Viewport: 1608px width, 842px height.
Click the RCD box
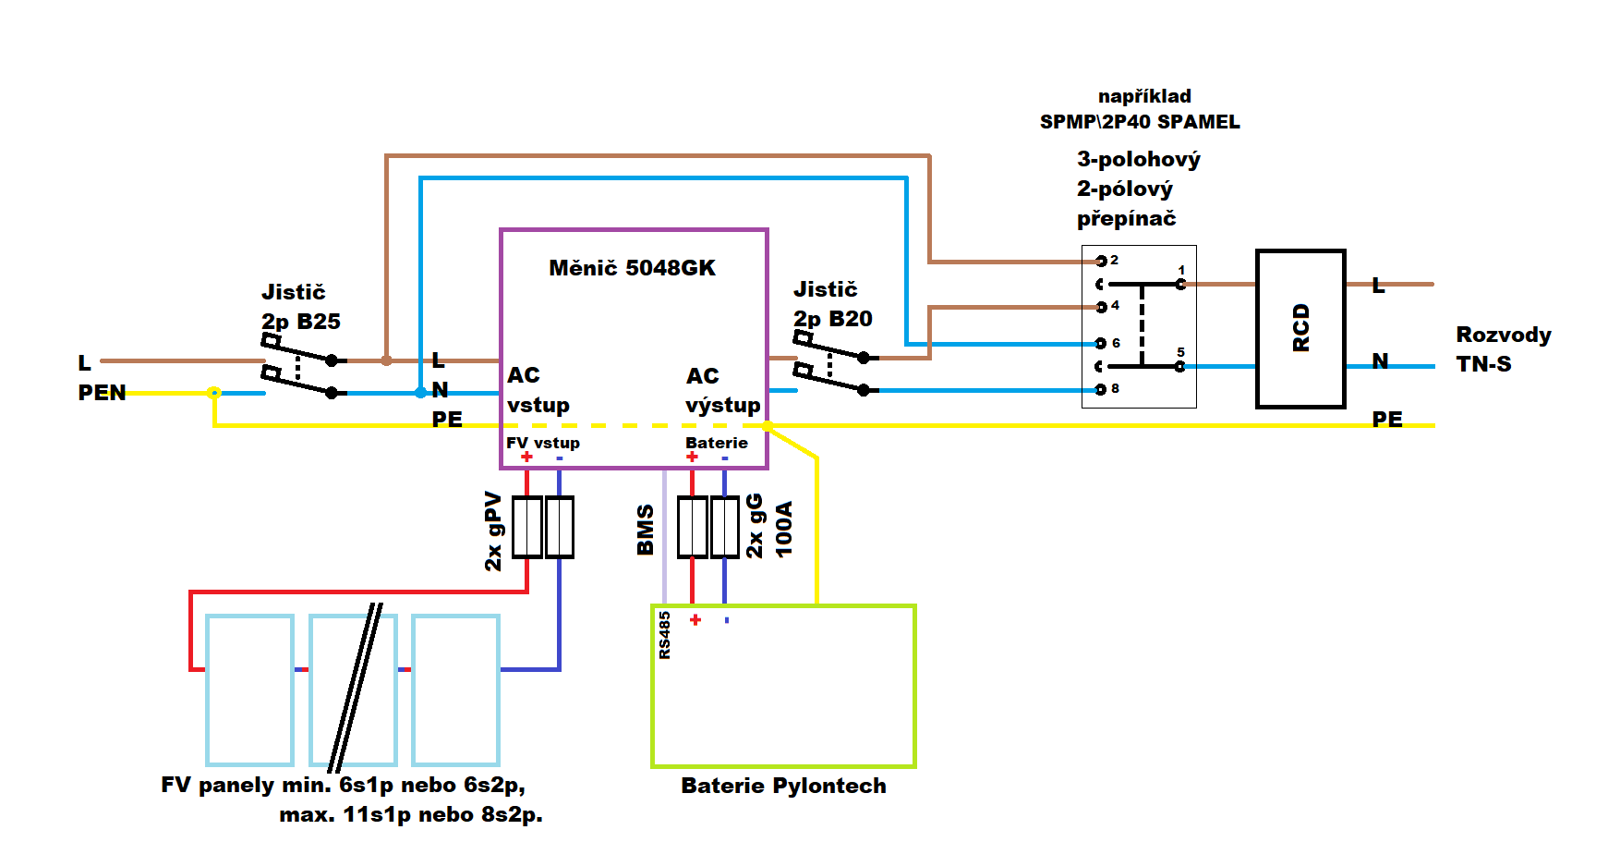click(x=1300, y=328)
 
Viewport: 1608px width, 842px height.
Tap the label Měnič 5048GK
click(x=632, y=268)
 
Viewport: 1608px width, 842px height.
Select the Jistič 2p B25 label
click(x=300, y=307)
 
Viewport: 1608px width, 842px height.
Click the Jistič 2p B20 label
click(x=832, y=304)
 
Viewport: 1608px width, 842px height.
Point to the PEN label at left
click(x=102, y=393)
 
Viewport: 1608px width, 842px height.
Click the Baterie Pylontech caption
click(x=783, y=786)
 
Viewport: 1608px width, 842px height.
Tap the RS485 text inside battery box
click(x=665, y=635)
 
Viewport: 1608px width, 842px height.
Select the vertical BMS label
click(x=646, y=530)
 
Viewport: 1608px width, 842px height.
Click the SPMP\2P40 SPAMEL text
click(x=1140, y=122)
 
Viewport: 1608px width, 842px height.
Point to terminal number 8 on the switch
click(x=1115, y=388)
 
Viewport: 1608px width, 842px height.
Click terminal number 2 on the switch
click(x=1114, y=260)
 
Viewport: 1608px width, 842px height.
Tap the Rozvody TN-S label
click(x=1503, y=349)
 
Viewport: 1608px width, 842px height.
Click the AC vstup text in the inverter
click(x=538, y=390)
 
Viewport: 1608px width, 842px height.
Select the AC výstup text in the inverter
click(x=722, y=390)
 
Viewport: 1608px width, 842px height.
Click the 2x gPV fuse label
click(x=493, y=531)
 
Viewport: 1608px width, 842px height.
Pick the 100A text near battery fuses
click(x=784, y=529)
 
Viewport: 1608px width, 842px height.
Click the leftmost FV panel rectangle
click(x=249, y=690)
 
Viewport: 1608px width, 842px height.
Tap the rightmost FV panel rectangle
click(x=455, y=690)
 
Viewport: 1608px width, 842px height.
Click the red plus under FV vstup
click(x=526, y=457)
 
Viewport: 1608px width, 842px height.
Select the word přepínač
click(x=1126, y=219)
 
